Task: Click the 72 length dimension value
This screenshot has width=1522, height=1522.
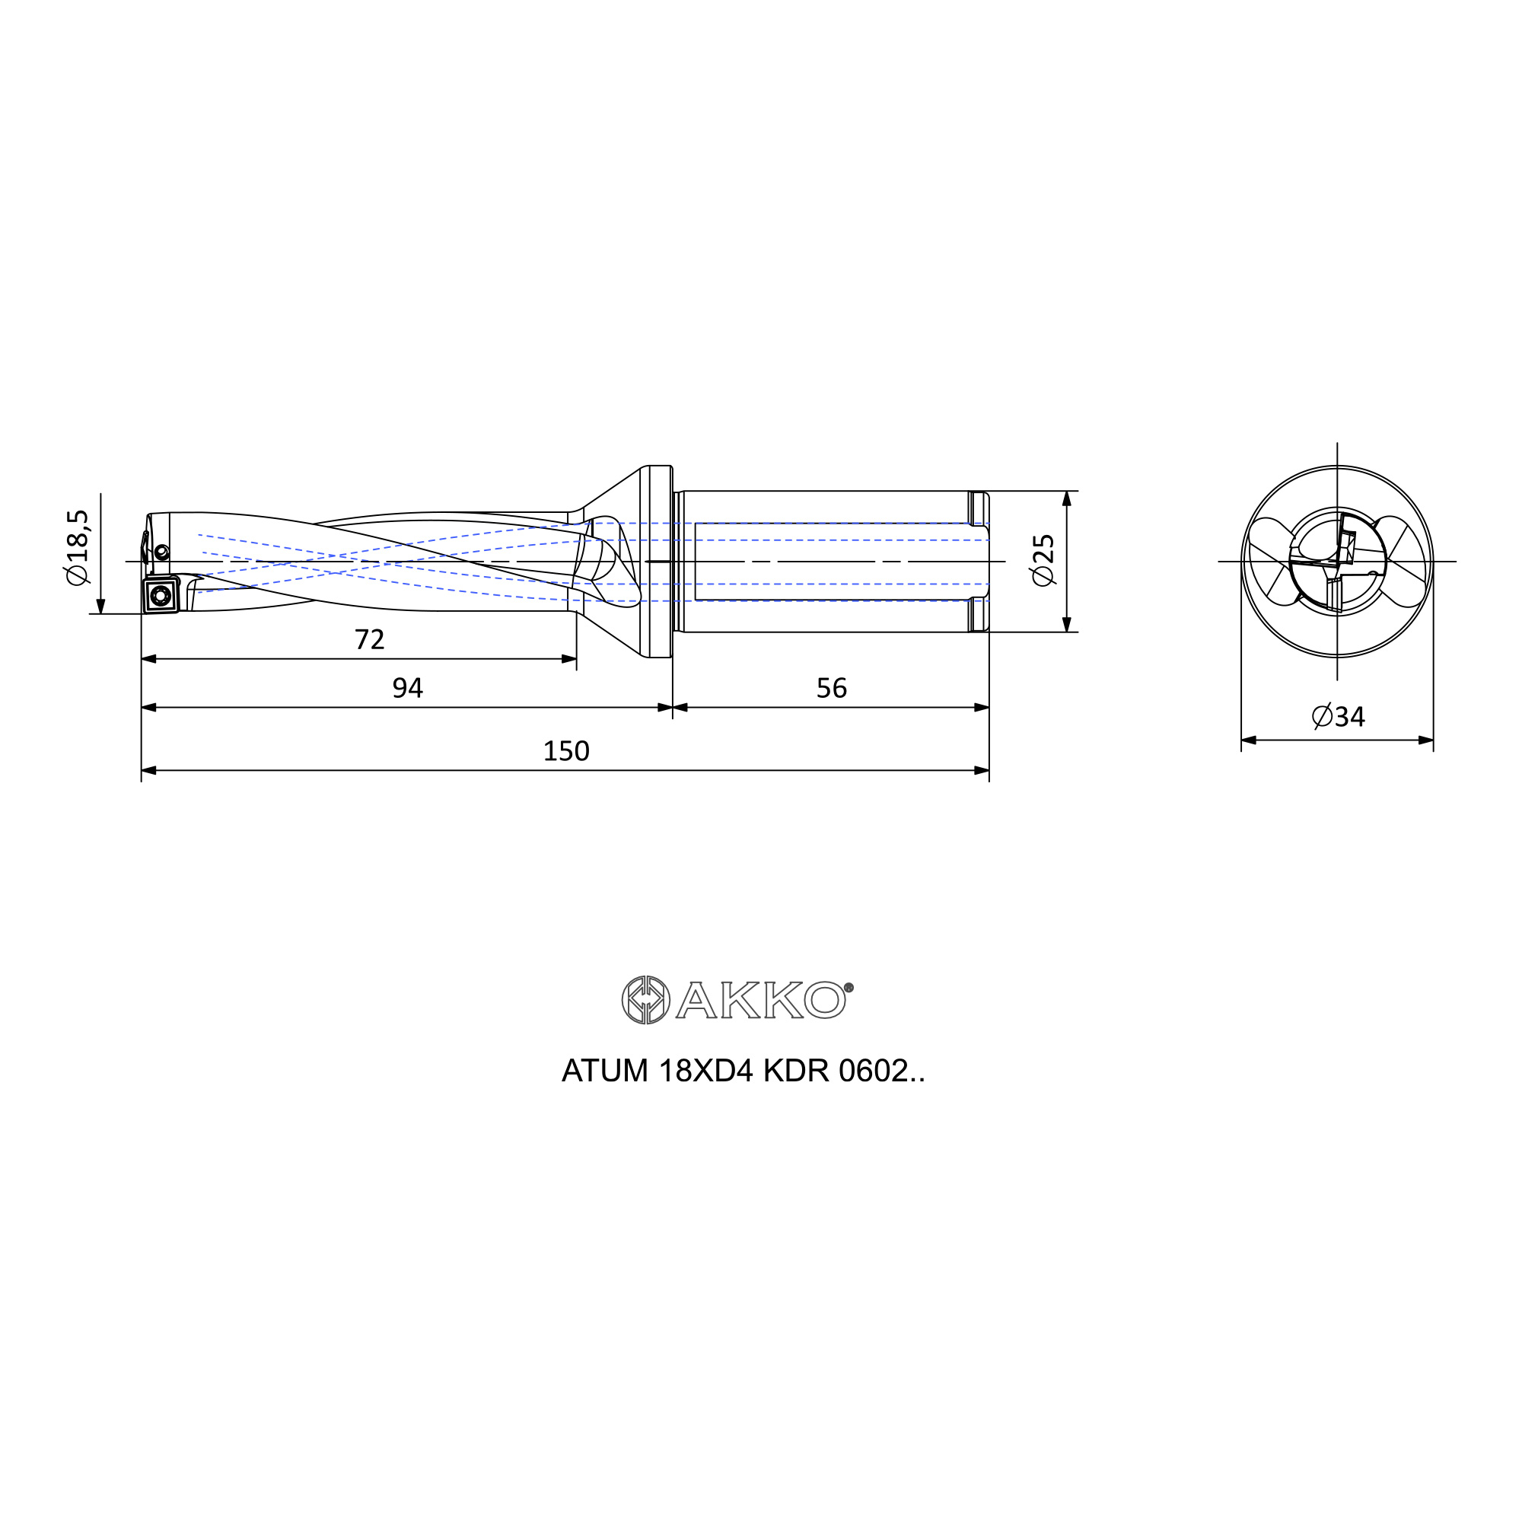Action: [370, 640]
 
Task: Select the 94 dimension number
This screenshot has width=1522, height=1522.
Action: [407, 689]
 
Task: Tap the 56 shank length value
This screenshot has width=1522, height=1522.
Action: [831, 689]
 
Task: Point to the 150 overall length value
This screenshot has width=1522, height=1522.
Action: [565, 752]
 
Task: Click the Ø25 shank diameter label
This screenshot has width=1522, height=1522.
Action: [1043, 560]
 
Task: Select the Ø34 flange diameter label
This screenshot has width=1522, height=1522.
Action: [1339, 717]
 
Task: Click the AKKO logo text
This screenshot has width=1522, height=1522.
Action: [760, 1001]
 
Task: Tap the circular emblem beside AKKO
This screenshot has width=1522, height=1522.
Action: [645, 1001]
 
